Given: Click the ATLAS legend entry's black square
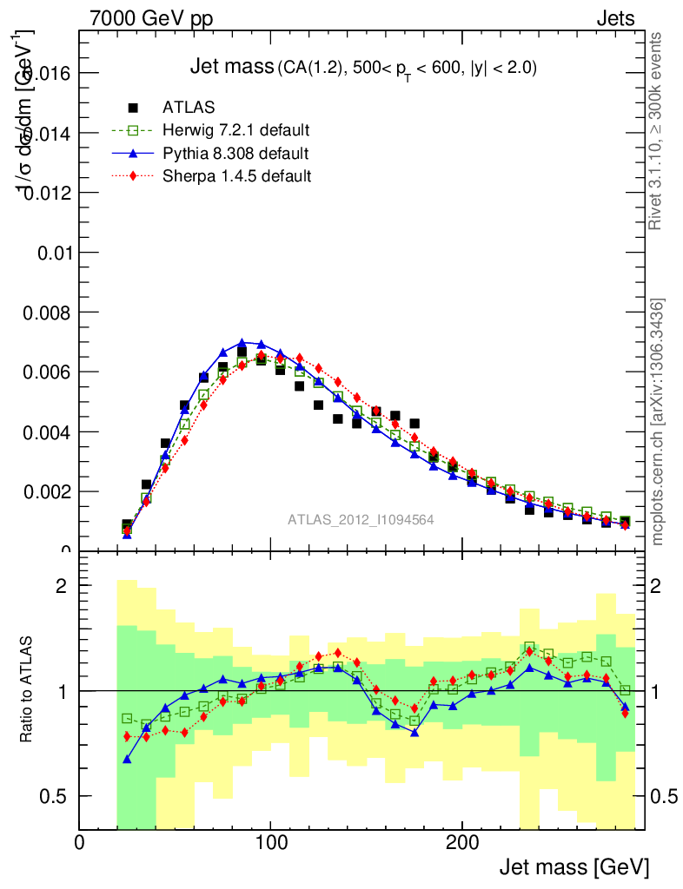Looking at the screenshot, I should pyautogui.click(x=133, y=108).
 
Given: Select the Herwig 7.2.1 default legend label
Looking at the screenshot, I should pyautogui.click(x=235, y=130).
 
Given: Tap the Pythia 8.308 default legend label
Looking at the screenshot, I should pyautogui.click(x=235, y=154).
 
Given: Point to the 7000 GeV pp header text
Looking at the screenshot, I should pyautogui.click(x=151, y=18).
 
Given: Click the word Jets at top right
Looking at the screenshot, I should pyautogui.click(x=615, y=18).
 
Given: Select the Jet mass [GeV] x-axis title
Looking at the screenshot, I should pyautogui.click(x=574, y=866).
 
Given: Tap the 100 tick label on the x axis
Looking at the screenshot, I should pyautogui.click(x=271, y=843).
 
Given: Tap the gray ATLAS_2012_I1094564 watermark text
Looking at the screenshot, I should pyautogui.click(x=361, y=519).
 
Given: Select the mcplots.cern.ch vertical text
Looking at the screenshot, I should pyautogui.click(x=658, y=422).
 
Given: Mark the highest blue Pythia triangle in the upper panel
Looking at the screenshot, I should pyautogui.click(x=242, y=343).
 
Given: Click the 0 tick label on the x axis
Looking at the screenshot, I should pyautogui.click(x=80, y=843).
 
